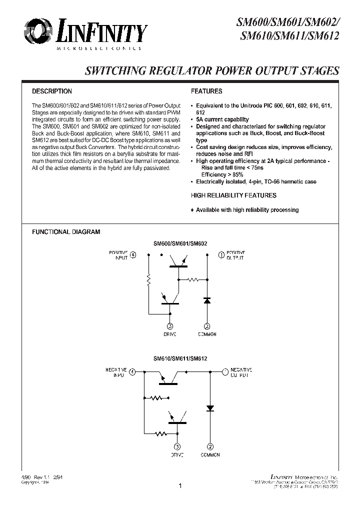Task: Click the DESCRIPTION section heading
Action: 52,91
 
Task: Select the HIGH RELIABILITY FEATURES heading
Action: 233,195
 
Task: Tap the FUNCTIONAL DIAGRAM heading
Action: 66,232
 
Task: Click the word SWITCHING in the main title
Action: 113,70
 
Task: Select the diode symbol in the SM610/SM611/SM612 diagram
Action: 210,408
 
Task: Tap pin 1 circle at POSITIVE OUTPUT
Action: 221,254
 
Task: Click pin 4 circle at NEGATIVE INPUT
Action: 132,371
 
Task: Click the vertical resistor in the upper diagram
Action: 148,281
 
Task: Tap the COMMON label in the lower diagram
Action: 210,455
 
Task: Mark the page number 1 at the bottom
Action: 179,485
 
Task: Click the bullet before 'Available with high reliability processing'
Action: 192,210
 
